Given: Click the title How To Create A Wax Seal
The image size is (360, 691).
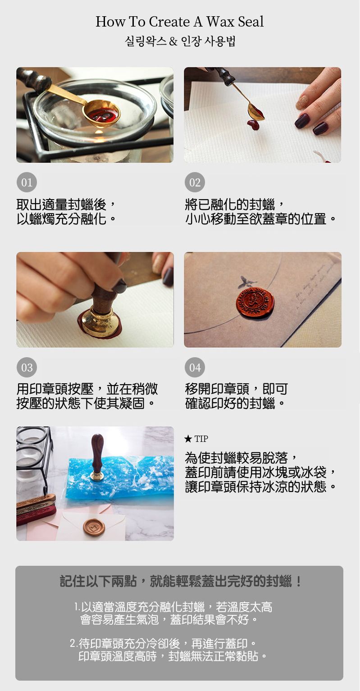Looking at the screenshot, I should point(180,22).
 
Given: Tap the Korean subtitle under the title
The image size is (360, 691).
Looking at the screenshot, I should point(180,42).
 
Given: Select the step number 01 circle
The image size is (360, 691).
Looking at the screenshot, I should point(27,182).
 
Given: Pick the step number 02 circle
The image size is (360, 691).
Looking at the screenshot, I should point(195,182).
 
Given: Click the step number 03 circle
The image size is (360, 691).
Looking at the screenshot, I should point(27,368).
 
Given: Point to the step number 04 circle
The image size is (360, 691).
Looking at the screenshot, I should point(195,368).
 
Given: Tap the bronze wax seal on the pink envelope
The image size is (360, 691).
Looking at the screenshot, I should point(94,526).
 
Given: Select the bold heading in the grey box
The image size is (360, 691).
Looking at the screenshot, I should point(181,582).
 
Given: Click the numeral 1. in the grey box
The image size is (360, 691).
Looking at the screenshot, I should point(77,607).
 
